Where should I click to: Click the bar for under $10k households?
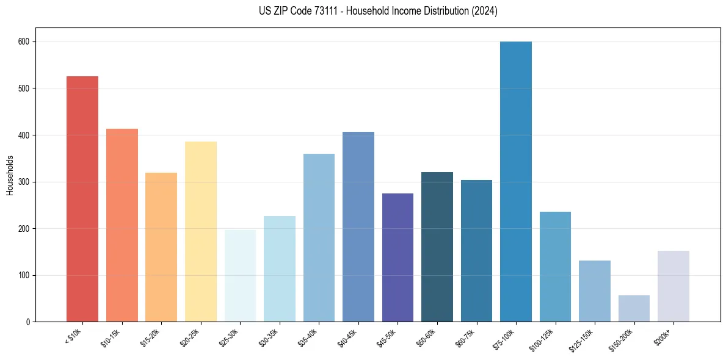pyautogui.click(x=82, y=199)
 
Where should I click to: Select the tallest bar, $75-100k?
pyautogui.click(x=516, y=182)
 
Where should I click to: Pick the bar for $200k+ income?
pyautogui.click(x=673, y=286)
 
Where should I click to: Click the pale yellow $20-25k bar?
pyautogui.click(x=201, y=232)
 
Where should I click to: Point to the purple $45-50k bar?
pyautogui.click(x=397, y=257)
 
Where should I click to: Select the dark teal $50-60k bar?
pyautogui.click(x=437, y=247)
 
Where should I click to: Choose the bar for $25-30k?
pyautogui.click(x=240, y=276)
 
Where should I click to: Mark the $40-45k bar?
pyautogui.click(x=358, y=227)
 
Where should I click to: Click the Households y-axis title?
pyautogui.click(x=10, y=175)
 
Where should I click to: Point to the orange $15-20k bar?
pyautogui.click(x=161, y=247)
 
